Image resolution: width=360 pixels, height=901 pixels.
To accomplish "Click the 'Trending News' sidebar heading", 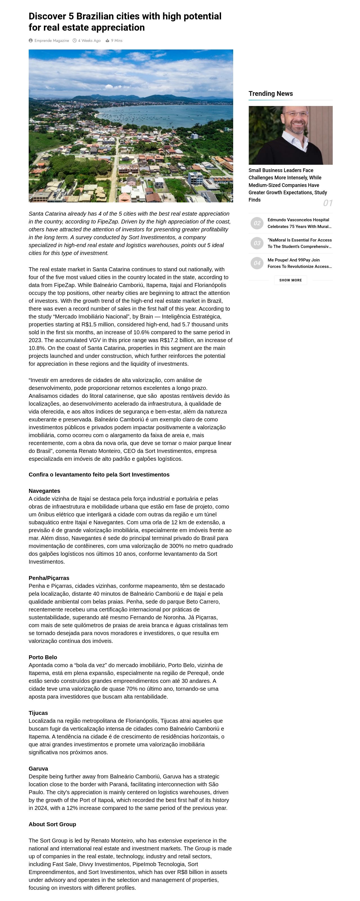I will point(271,93).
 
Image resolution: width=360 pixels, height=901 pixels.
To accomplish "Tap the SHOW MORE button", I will point(290,280).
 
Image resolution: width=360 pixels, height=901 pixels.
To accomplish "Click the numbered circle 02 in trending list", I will point(257,223).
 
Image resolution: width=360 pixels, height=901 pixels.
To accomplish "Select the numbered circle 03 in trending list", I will point(257,243).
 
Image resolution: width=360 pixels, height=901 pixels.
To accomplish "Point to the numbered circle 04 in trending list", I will point(257,263).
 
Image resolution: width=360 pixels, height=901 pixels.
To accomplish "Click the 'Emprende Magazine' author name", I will point(51,40).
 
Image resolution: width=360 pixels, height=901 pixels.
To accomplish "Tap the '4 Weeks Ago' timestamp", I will point(89,40).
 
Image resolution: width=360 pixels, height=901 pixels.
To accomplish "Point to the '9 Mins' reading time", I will point(116,40).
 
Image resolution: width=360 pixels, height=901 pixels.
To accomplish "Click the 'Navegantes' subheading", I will point(44,491).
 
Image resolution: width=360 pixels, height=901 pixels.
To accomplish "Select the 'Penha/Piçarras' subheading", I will point(49,578).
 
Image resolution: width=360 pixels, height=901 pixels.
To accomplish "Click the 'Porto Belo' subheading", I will point(43,657).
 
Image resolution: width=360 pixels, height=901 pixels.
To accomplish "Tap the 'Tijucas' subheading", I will point(38,713).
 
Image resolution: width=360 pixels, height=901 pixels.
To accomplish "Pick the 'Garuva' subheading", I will point(38,768).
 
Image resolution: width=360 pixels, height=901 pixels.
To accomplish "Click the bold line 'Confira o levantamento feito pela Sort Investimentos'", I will point(99,475).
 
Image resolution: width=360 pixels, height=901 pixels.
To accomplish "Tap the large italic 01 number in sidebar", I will point(327,203).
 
